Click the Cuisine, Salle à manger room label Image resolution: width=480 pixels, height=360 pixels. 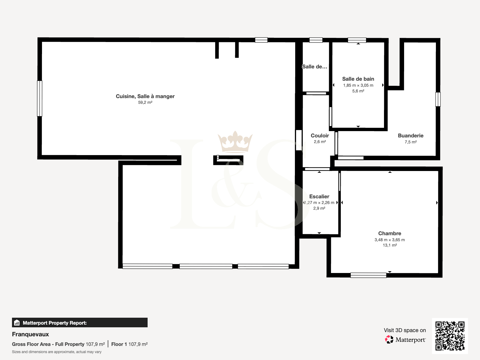145,96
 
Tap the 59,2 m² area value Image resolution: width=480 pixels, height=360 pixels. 145,102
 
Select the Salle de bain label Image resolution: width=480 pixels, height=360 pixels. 358,79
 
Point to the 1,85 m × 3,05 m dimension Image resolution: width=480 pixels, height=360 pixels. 358,85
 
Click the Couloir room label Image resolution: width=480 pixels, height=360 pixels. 320,136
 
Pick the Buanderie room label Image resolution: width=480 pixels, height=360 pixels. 410,136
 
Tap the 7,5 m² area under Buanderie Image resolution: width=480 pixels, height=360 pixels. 410,142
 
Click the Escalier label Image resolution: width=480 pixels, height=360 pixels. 319,196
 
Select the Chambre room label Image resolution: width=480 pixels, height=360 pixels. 389,233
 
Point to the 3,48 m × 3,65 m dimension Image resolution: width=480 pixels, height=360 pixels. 389,240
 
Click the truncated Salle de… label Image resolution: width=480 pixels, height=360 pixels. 314,67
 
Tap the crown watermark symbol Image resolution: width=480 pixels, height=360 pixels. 235,142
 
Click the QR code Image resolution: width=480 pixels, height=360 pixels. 450,336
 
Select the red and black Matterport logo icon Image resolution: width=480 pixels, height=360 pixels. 389,340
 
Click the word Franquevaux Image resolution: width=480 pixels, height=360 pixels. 30,334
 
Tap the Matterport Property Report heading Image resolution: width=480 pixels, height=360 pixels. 55,323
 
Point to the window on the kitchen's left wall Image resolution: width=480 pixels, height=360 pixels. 40,98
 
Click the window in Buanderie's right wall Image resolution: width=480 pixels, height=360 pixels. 438,99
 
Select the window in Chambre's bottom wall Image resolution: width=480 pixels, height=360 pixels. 368,275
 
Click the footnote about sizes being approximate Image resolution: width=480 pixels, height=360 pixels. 57,352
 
